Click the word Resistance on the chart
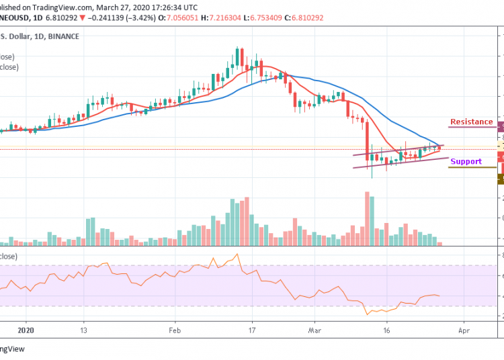[471, 122]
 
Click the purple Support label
[466, 161]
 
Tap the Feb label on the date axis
[175, 330]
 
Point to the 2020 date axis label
[25, 330]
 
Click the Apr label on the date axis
[462, 330]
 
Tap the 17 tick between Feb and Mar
[252, 330]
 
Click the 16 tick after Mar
[387, 330]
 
